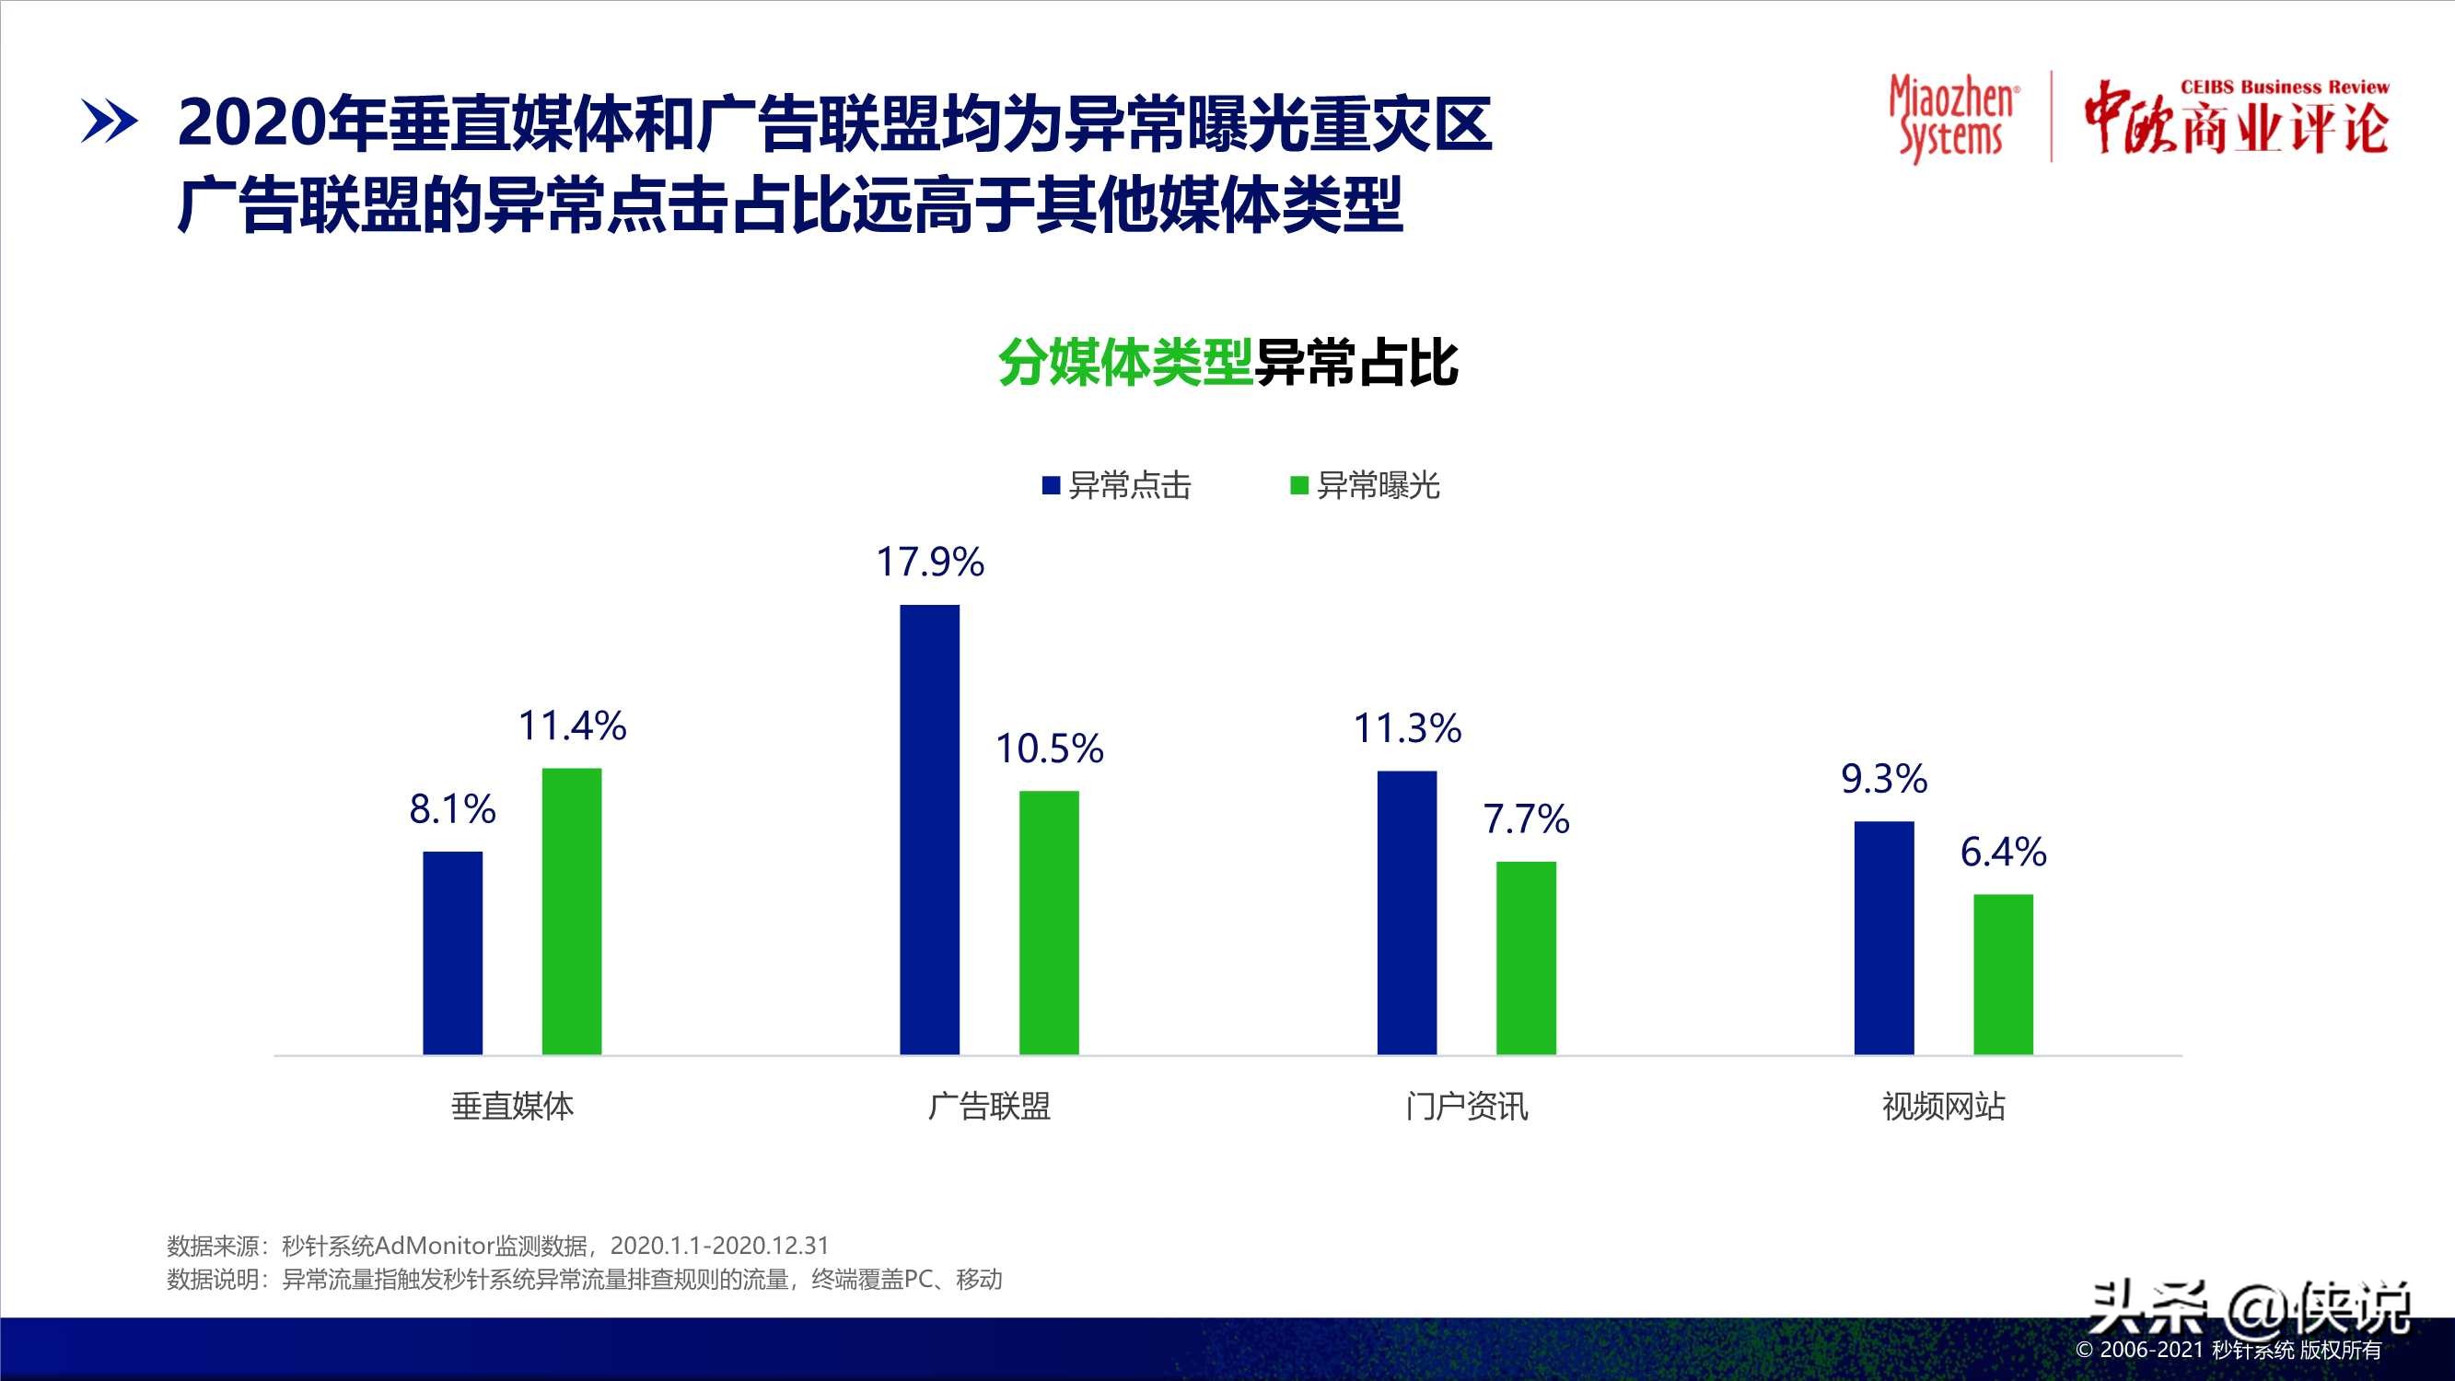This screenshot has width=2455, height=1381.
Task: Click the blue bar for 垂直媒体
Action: (453, 952)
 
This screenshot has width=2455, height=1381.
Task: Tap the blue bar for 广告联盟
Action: (929, 830)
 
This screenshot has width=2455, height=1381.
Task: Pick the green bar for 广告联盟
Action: (1049, 922)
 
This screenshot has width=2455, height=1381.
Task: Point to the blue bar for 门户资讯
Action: (1407, 912)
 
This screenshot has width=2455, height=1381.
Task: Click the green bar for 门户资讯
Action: (1526, 957)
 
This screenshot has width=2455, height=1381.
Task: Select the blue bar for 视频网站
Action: (1884, 937)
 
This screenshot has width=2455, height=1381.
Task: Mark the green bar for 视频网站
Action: (2003, 973)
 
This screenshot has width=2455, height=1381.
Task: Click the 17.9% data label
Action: (930, 563)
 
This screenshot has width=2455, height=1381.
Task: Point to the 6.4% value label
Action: (2003, 852)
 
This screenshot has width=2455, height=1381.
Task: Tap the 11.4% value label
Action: (572, 726)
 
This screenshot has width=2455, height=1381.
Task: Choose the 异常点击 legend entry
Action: (1117, 486)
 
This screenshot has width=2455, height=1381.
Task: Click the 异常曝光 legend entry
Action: (1365, 486)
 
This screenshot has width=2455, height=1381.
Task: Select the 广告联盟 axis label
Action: (989, 1107)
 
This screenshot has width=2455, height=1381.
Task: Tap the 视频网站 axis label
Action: (1943, 1107)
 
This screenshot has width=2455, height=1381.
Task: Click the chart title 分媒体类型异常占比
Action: (1227, 363)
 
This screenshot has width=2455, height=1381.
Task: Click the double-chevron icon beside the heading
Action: (109, 122)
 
